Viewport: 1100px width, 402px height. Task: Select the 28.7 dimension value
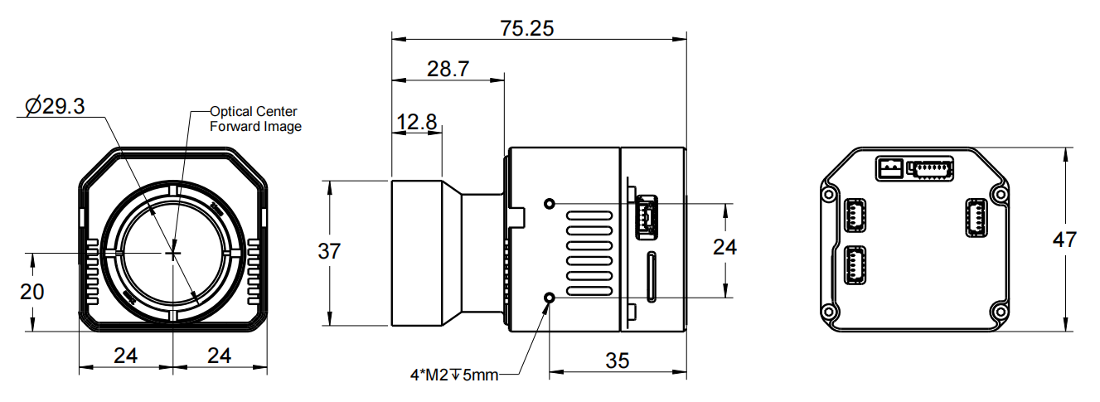[x=448, y=69]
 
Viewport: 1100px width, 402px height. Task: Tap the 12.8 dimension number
[x=416, y=123]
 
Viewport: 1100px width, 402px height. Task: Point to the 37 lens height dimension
[x=329, y=251]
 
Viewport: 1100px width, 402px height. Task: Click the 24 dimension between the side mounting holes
[x=725, y=247]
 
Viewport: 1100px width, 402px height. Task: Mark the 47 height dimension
[x=1064, y=240]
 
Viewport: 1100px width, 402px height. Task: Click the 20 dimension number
[x=32, y=292]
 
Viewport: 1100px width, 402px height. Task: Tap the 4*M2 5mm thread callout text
[x=454, y=375]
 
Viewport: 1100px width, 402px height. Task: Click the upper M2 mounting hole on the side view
[x=549, y=203]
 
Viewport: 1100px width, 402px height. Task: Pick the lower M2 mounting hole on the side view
[x=549, y=297]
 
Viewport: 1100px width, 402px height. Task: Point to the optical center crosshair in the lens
[x=173, y=252]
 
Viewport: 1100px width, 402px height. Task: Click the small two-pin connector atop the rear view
[x=889, y=168]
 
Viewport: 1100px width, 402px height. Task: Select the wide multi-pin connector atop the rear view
[x=931, y=168]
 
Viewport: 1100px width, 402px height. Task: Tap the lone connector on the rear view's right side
[x=976, y=217]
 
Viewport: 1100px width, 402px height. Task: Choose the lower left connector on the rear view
[x=853, y=267]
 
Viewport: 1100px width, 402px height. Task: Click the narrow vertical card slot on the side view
[x=652, y=278]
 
